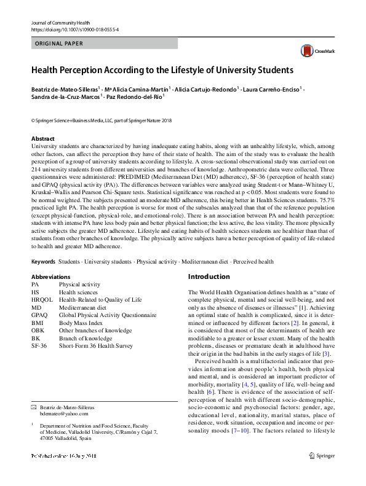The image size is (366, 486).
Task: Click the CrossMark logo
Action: (314, 51)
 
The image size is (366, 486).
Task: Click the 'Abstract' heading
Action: (42, 139)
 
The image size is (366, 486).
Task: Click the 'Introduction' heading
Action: (209, 276)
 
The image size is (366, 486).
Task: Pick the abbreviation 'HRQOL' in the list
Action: (41, 300)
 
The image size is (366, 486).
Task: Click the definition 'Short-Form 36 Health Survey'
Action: (95, 346)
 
